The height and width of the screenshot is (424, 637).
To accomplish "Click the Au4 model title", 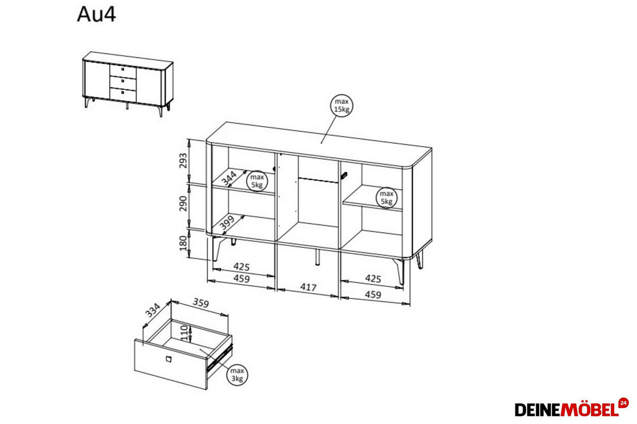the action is (x=97, y=14).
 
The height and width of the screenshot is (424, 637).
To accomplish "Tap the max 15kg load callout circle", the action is (x=341, y=105).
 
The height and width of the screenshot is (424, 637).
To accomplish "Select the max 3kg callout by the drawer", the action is (x=237, y=375).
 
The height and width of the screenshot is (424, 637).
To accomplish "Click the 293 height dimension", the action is (x=184, y=161).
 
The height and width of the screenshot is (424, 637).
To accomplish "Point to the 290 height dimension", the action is (x=184, y=204).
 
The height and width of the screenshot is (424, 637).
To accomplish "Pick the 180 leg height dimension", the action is (x=184, y=243).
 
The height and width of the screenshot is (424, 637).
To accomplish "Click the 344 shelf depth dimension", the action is (x=229, y=179).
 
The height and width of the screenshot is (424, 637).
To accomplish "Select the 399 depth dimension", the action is (x=227, y=223).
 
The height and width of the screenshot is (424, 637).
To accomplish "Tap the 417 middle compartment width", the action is (x=308, y=287).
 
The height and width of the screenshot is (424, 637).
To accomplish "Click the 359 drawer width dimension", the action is (x=201, y=303).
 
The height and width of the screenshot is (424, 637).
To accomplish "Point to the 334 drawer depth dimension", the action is (x=153, y=310).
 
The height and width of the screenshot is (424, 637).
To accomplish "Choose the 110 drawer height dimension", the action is (x=185, y=333).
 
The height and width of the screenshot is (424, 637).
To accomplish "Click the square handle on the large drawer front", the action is (x=168, y=359).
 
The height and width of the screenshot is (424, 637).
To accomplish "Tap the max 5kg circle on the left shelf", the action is (x=257, y=181).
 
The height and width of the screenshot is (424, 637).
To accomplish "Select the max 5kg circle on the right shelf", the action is (x=386, y=197).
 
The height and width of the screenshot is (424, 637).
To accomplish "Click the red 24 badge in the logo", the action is (x=623, y=403).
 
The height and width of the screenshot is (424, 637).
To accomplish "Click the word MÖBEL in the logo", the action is (x=590, y=410).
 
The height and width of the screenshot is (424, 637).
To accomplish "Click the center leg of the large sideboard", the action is (x=317, y=257).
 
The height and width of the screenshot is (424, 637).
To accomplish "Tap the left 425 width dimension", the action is (x=241, y=267).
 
